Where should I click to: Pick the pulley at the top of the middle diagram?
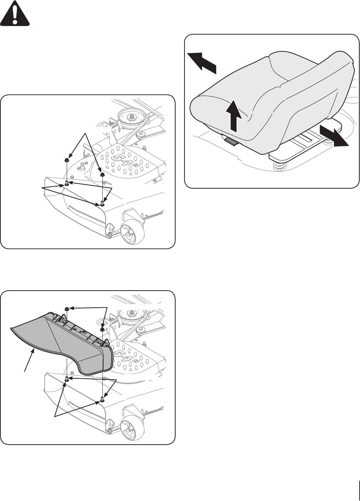130,117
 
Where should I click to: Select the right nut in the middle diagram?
102,174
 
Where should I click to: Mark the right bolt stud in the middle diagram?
102,203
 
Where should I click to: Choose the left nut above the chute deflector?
66,308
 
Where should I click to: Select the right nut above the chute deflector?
102,329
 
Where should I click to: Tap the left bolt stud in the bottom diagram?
66,379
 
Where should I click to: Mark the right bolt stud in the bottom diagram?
102,399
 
